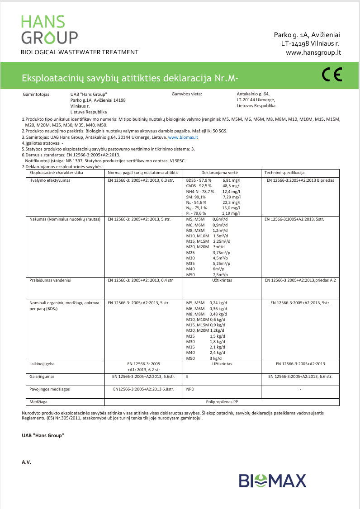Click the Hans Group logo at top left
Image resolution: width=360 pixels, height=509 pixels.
tap(49, 29)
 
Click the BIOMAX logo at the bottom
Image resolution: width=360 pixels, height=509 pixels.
tap(272, 481)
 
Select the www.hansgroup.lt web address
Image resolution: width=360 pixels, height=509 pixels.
tap(313, 52)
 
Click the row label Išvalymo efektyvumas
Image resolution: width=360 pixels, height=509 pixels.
tap(47, 180)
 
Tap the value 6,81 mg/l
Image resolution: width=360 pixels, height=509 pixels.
tap(232, 180)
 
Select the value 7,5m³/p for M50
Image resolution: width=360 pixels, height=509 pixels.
tap(220, 274)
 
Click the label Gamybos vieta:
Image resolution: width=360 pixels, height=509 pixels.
tap(186, 94)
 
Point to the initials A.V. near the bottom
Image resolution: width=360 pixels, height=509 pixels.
tap(26, 462)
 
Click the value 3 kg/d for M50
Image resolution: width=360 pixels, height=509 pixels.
tap(216, 358)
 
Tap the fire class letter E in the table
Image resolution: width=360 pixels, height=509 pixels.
tap(187, 376)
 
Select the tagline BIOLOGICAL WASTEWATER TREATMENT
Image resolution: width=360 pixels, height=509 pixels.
tap(80, 52)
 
